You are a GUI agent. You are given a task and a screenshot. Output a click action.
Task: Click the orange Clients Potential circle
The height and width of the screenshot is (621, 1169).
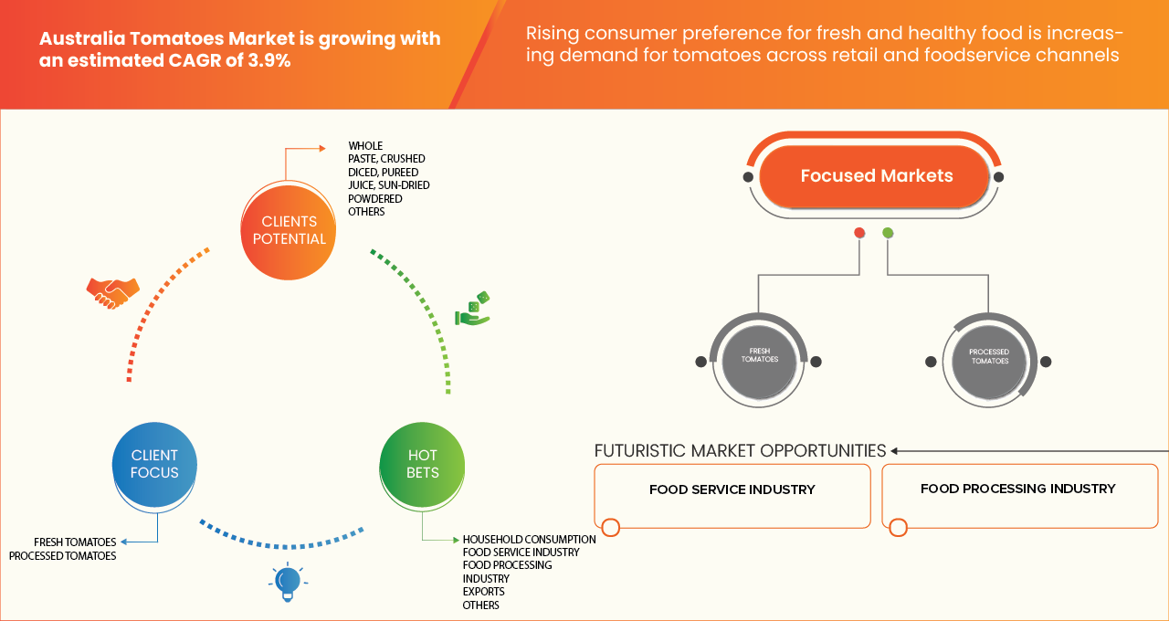(x=288, y=231)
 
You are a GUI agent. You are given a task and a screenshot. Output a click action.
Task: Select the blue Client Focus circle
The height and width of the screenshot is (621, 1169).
(x=154, y=464)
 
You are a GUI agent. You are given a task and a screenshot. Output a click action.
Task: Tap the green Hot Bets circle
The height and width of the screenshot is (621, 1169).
(x=422, y=464)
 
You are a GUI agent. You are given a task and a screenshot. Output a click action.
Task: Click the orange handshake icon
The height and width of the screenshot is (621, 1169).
(x=112, y=293)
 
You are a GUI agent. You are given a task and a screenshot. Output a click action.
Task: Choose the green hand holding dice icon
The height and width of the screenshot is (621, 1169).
(x=473, y=309)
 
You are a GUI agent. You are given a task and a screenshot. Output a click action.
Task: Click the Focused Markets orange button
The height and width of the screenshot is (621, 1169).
(x=875, y=176)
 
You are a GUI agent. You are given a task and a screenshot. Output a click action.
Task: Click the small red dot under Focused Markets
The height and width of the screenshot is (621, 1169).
(x=859, y=233)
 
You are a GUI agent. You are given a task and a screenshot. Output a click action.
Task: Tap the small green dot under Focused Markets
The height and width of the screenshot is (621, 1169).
(x=888, y=233)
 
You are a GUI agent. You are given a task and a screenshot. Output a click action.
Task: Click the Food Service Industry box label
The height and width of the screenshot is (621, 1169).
(x=732, y=489)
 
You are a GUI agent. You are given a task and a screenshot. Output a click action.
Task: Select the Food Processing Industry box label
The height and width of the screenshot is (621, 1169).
(x=1017, y=489)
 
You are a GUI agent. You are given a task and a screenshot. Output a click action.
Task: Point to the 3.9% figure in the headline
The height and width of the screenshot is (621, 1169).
(x=269, y=60)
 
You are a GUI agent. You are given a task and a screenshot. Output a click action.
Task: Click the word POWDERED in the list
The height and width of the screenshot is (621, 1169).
(x=375, y=199)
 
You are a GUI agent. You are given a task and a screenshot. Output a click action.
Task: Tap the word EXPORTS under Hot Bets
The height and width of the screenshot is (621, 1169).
(x=484, y=592)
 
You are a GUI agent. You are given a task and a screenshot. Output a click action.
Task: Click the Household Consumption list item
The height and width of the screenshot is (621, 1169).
(x=529, y=540)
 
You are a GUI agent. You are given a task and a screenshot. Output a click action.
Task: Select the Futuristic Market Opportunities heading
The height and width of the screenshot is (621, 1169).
(x=740, y=451)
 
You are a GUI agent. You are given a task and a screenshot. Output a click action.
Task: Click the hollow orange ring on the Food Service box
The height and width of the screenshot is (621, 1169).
(x=611, y=528)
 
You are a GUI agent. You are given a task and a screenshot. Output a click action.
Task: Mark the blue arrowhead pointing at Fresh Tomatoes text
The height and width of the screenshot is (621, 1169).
(x=124, y=542)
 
